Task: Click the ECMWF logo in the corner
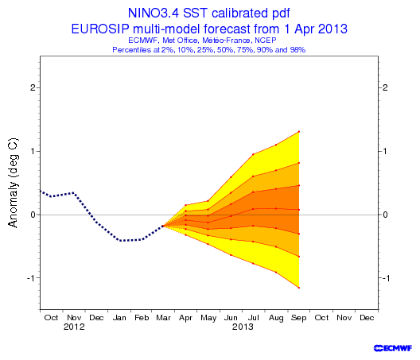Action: tap(393, 348)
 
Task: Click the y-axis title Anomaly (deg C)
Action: tap(13, 183)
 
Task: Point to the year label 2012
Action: tap(74, 327)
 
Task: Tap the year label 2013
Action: tap(243, 327)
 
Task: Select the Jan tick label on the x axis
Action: tap(119, 318)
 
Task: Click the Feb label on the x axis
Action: tap(142, 318)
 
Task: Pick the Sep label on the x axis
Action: tap(298, 318)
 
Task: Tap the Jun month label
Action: tap(231, 318)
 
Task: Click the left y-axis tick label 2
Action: tap(33, 87)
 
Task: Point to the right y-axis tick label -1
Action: tap(386, 278)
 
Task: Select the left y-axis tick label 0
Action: tap(33, 215)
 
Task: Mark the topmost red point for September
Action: tap(298, 132)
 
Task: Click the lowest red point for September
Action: tap(298, 288)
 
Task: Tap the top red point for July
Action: tap(253, 154)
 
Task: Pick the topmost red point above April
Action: tap(185, 205)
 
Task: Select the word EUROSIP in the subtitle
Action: tap(100, 29)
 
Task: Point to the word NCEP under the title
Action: tap(266, 41)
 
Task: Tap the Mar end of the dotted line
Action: tap(163, 226)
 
